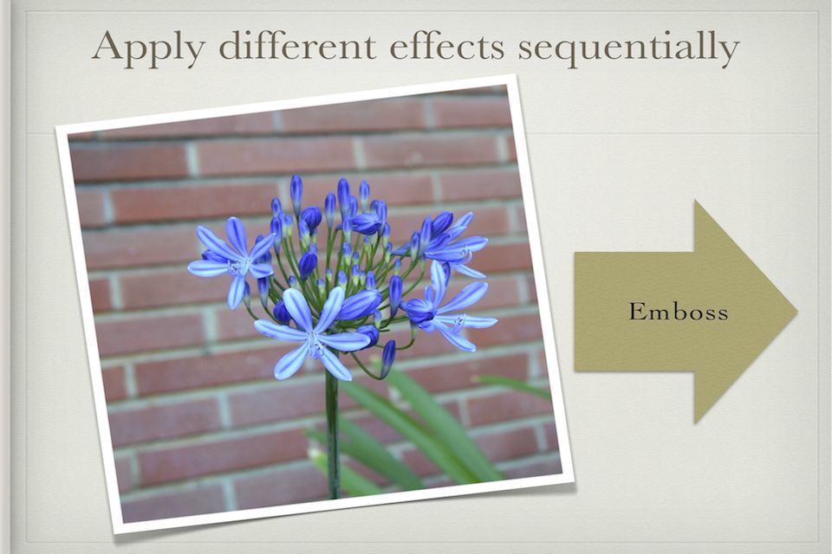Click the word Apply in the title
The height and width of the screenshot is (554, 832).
(x=149, y=48)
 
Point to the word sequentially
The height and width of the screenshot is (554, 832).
(x=629, y=48)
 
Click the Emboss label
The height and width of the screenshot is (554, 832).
(x=679, y=312)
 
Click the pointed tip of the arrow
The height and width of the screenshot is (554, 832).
(x=797, y=312)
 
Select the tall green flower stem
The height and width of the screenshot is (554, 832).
(x=333, y=435)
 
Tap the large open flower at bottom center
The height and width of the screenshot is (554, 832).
(x=313, y=334)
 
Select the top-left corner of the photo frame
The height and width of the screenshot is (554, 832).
(x=55, y=126)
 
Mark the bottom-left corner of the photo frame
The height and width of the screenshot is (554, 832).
(x=113, y=534)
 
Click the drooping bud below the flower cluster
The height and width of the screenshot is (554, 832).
(x=387, y=358)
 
